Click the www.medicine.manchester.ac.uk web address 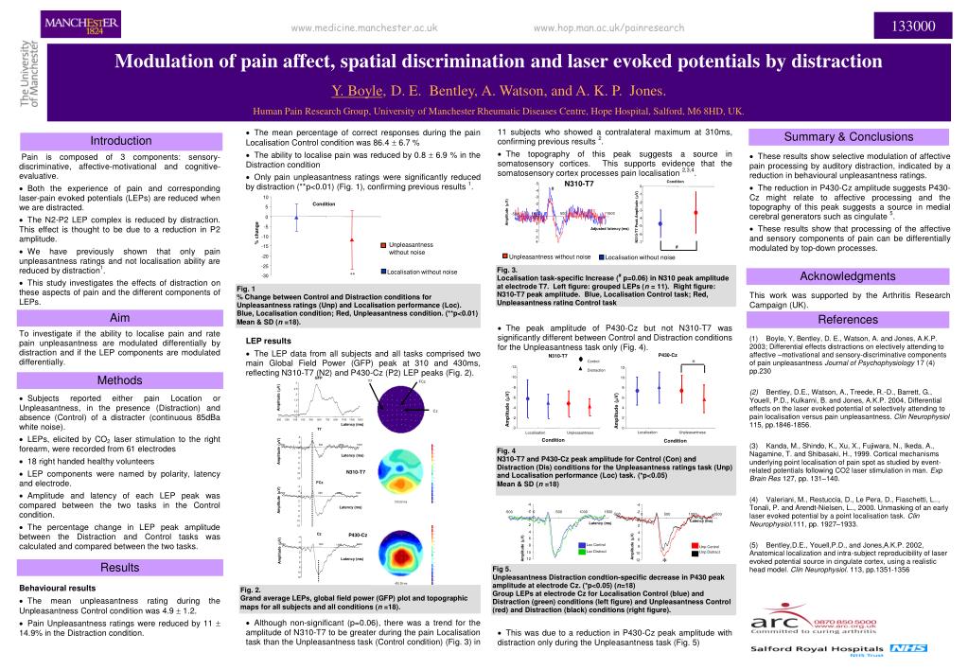[x=364, y=28]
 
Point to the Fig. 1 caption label [x=245, y=288]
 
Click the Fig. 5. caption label [x=502, y=568]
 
